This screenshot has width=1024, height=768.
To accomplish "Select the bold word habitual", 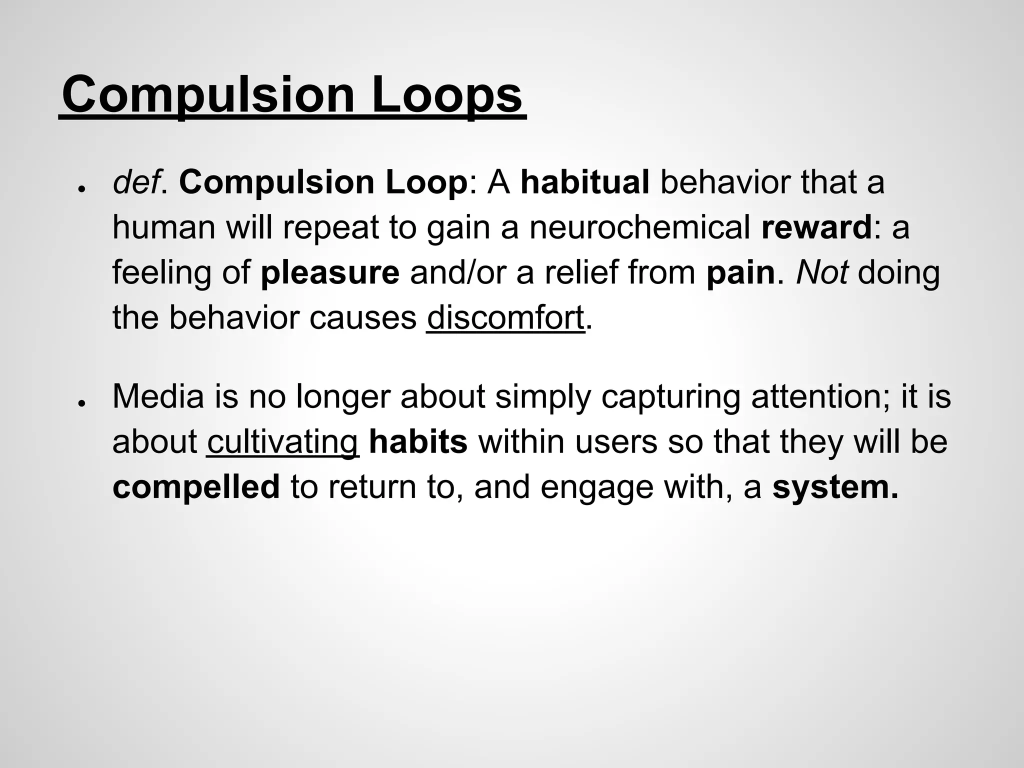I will tap(585, 182).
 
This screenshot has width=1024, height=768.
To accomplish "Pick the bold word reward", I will tap(816, 227).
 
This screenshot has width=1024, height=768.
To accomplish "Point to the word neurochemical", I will tap(639, 227).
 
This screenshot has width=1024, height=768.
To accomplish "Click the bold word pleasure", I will tap(330, 273).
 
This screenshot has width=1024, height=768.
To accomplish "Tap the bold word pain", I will tap(740, 273).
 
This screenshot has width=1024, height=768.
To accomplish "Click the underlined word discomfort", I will tap(505, 317).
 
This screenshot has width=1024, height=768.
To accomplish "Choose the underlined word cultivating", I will tap(283, 442).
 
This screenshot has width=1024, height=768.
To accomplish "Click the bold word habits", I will tap(418, 442).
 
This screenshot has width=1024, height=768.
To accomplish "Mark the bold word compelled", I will tap(196, 487).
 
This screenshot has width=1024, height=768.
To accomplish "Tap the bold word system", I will tap(835, 487).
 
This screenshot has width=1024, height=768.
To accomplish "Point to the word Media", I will tap(158, 397).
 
